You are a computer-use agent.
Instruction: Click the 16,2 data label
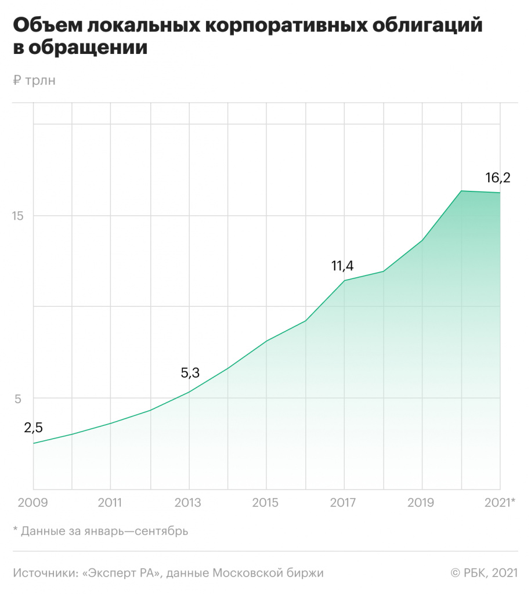point(497,178)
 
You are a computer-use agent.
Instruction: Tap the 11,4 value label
point(342,266)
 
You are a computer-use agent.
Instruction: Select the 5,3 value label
point(190,373)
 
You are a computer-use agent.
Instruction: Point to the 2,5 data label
point(33,428)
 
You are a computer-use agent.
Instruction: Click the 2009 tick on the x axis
point(33,502)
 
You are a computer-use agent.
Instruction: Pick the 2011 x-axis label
point(110,502)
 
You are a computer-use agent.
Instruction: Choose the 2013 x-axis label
point(187,502)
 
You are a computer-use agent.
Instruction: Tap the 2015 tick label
point(266,502)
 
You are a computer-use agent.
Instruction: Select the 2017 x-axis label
point(344,502)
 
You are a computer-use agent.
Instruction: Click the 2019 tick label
point(421,502)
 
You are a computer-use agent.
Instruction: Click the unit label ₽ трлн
point(34,81)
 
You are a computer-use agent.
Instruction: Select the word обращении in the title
point(87,49)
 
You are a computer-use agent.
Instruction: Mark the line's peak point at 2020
point(461,191)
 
